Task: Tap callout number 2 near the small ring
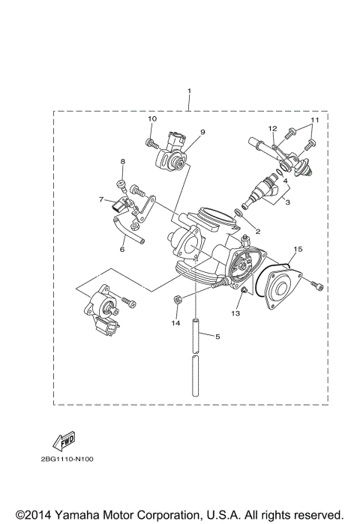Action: click(x=257, y=231)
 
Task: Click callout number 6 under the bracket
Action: click(x=121, y=251)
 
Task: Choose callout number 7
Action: click(x=100, y=199)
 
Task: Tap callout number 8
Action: click(x=122, y=161)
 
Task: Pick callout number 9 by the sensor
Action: click(x=201, y=132)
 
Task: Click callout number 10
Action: click(x=151, y=119)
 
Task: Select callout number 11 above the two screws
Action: click(x=315, y=120)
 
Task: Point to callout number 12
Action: click(x=274, y=129)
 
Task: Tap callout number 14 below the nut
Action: click(x=175, y=323)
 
